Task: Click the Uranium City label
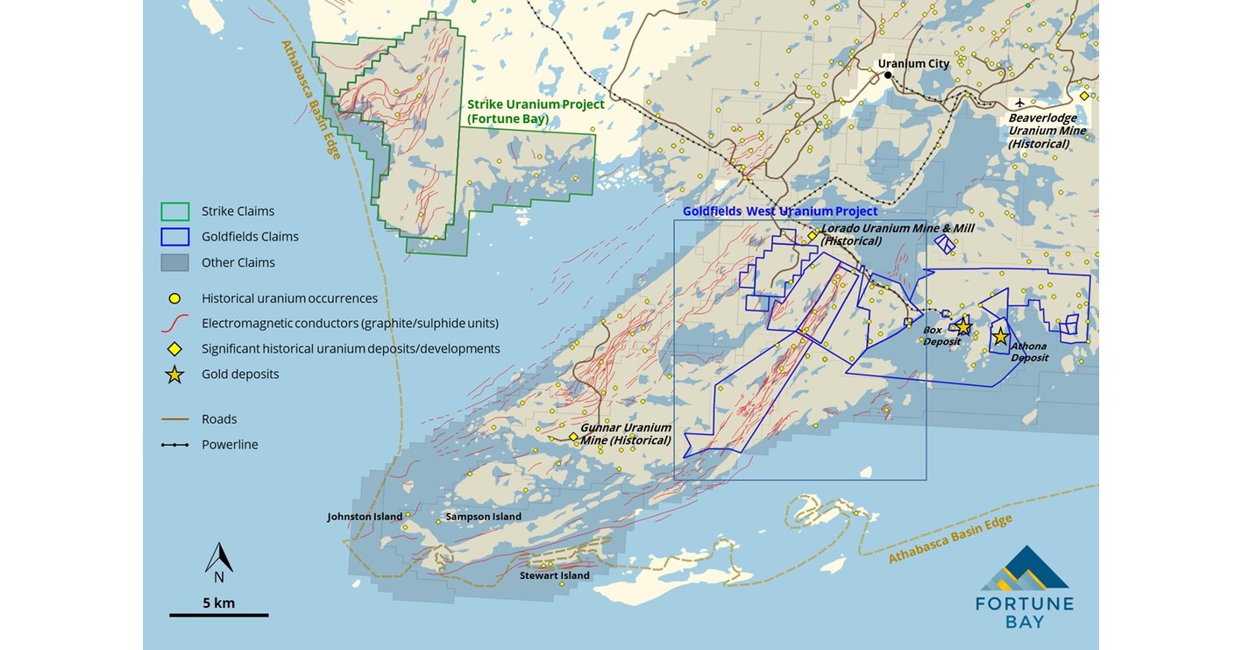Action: pos(914,64)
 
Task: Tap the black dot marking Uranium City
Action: pos(888,75)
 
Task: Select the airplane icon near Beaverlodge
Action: pos(1019,104)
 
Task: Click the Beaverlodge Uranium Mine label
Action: pos(1047,131)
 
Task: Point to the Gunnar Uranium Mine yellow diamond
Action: pos(573,437)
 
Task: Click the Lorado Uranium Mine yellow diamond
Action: pos(813,235)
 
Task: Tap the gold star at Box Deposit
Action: pos(963,326)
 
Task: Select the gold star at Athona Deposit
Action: pos(1000,336)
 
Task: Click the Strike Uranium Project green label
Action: pos(535,111)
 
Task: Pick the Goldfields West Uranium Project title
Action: pos(779,211)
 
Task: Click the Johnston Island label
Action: pos(365,517)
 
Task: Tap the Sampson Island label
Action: pos(483,517)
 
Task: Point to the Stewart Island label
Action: pos(554,575)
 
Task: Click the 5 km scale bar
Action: pos(218,614)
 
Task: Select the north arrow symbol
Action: pos(218,560)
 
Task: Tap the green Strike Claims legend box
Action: pos(175,211)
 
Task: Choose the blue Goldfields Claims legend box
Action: pos(175,237)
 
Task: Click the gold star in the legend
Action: pos(175,375)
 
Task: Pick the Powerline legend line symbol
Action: pos(175,445)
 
